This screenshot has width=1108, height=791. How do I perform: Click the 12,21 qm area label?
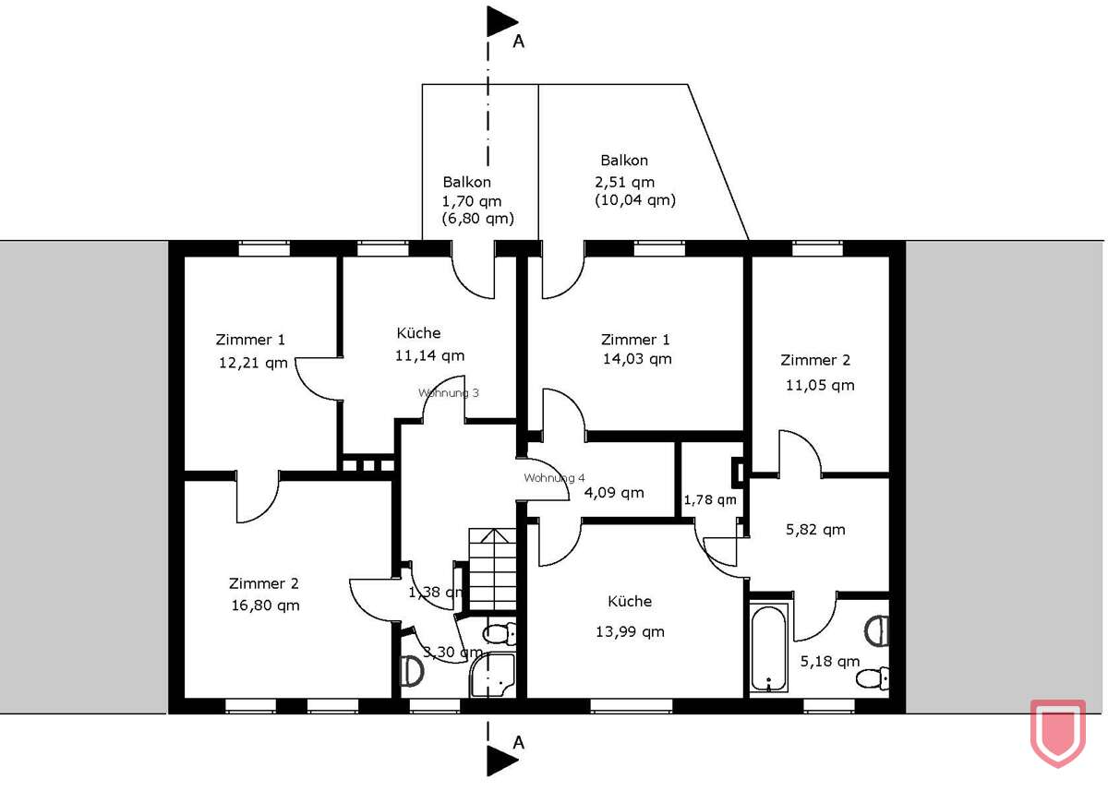(253, 363)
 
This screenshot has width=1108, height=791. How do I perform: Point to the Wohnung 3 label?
(449, 392)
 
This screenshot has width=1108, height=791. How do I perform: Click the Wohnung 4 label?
(554, 477)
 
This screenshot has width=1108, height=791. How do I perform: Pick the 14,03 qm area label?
(636, 359)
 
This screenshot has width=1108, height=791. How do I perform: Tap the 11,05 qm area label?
(819, 385)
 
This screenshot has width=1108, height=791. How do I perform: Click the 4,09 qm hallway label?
(614, 492)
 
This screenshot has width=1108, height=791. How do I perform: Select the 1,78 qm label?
(709, 500)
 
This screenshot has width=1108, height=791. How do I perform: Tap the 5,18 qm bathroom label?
(830, 661)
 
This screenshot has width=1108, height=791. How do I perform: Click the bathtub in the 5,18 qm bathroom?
(768, 648)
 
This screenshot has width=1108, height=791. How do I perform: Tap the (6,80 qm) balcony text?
(476, 219)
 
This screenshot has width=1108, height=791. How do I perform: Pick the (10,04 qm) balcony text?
(635, 199)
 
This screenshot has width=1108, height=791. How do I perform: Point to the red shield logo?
(1057, 732)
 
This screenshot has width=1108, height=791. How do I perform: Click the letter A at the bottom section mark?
(518, 743)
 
